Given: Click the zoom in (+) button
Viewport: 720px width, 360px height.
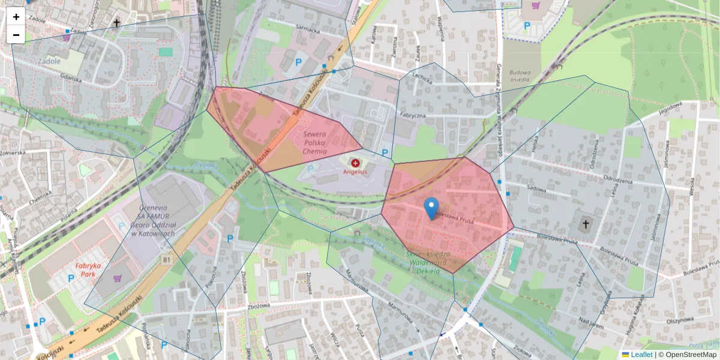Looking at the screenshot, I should (16, 17).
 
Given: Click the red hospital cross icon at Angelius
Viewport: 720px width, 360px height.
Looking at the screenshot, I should (355, 163).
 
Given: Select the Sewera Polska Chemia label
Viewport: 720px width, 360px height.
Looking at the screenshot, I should (315, 143).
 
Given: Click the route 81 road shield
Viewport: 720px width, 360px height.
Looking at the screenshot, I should (166, 259).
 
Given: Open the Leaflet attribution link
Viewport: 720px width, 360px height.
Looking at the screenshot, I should (640, 355).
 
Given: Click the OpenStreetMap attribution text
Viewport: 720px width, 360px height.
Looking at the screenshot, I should (691, 355).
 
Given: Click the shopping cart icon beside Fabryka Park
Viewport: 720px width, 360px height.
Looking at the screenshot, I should (117, 278).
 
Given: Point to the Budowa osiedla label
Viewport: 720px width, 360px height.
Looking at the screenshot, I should (519, 76).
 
